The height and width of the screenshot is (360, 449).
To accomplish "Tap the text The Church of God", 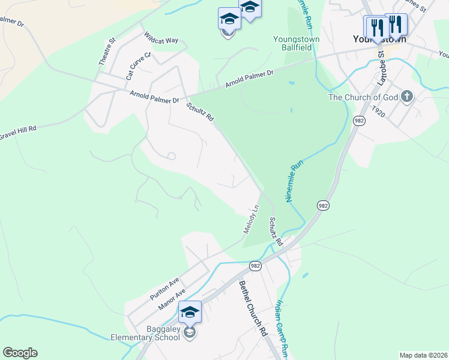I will point(363,97).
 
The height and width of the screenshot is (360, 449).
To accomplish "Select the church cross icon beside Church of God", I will point(406,97).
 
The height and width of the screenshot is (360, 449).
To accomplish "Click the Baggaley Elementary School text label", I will point(145,333).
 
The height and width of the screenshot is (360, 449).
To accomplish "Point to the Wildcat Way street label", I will point(161,38).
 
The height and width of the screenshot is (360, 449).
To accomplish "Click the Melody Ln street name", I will point(251,220).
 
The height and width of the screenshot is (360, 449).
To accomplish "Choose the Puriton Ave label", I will point(164,286).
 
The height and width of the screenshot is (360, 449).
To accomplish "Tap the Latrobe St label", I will point(379,67).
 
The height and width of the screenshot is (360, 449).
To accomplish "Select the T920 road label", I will point(378,112).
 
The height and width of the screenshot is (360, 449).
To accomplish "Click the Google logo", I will point(20,353).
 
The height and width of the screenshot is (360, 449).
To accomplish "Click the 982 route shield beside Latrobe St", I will point(359,120).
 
